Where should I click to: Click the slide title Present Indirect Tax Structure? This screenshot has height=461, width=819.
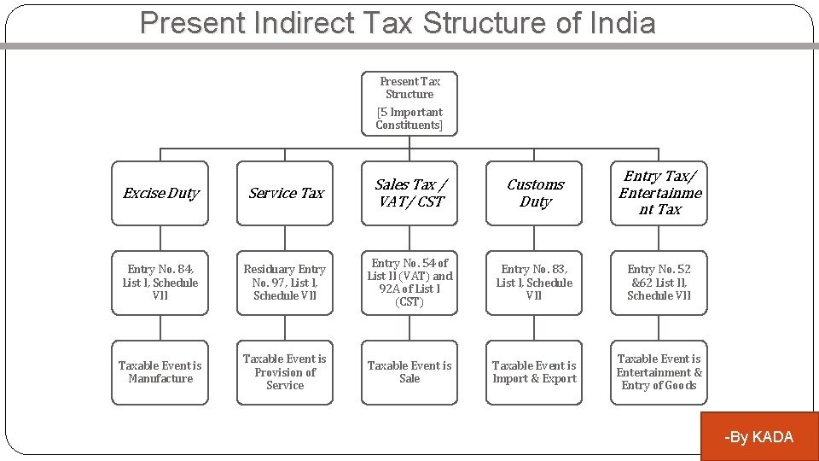(x=398, y=23)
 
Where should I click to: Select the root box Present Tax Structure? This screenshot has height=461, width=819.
(x=409, y=102)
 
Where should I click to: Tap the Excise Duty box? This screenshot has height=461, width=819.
(x=160, y=194)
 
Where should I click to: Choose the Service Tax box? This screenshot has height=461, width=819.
(x=285, y=194)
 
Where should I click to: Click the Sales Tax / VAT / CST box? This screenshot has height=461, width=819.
(x=409, y=194)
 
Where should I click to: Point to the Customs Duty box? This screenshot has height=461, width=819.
(x=535, y=194)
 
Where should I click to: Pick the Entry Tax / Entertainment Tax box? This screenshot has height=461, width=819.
(x=659, y=193)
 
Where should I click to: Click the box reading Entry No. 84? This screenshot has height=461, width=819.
(x=160, y=283)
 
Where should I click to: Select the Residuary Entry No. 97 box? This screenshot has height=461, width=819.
(x=285, y=283)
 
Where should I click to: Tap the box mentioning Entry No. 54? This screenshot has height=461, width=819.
(x=409, y=283)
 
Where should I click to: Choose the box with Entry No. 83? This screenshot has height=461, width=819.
(x=535, y=283)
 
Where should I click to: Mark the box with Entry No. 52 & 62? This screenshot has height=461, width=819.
(x=659, y=283)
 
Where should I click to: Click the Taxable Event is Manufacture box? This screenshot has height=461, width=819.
(x=160, y=372)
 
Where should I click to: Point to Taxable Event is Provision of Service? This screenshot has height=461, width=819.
(x=285, y=372)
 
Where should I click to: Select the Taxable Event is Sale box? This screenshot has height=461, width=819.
(x=409, y=372)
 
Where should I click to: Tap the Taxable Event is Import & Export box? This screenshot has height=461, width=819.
(x=535, y=372)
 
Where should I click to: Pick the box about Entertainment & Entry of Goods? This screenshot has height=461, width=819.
(x=659, y=372)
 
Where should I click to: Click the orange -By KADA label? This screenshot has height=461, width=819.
(x=758, y=437)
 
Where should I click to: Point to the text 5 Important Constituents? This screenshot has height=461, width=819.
(x=409, y=119)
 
